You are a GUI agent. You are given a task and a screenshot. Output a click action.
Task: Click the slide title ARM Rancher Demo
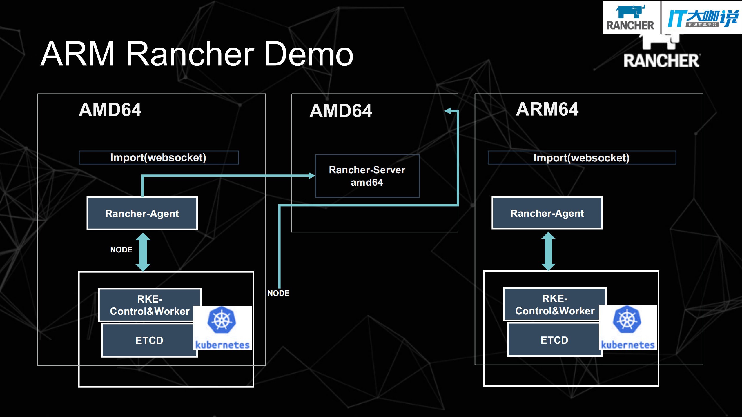pyautogui.click(x=197, y=54)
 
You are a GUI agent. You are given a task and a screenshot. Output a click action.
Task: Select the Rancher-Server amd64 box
pyautogui.click(x=367, y=176)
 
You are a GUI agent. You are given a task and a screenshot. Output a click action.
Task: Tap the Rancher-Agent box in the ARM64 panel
pyautogui.click(x=547, y=213)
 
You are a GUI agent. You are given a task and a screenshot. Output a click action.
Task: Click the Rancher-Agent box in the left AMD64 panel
pyautogui.click(x=142, y=213)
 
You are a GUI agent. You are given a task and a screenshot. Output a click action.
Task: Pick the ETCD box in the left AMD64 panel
pyautogui.click(x=149, y=340)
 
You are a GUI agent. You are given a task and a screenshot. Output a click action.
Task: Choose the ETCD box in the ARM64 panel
pyautogui.click(x=554, y=340)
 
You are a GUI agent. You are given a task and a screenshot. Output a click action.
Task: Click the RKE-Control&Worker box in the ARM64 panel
pyautogui.click(x=554, y=304)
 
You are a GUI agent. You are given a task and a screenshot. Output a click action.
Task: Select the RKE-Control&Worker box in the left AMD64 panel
pyautogui.click(x=150, y=305)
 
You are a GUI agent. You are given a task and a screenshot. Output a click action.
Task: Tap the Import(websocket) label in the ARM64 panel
pyautogui.click(x=581, y=158)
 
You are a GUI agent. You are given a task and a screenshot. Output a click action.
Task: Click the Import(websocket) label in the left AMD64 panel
pyautogui.click(x=158, y=157)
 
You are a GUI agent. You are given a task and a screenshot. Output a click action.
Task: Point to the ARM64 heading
pyautogui.click(x=547, y=109)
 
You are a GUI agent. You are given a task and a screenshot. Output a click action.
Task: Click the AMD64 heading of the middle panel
pyautogui.click(x=341, y=111)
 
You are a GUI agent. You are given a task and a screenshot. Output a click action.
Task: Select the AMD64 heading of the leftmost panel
pyautogui.click(x=110, y=110)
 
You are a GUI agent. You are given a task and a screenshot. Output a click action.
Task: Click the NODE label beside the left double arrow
pyautogui.click(x=121, y=250)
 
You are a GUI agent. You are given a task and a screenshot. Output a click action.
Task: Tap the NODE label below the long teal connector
pyautogui.click(x=278, y=293)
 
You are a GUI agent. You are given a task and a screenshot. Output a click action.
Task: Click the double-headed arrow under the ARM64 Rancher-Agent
pyautogui.click(x=548, y=251)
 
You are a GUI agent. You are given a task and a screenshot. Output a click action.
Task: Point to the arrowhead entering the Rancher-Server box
pyautogui.click(x=311, y=176)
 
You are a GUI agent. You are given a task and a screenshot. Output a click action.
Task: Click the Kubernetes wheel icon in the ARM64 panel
pyautogui.click(x=627, y=319)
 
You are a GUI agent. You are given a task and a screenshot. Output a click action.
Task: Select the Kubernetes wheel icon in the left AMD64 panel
pyautogui.click(x=222, y=320)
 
